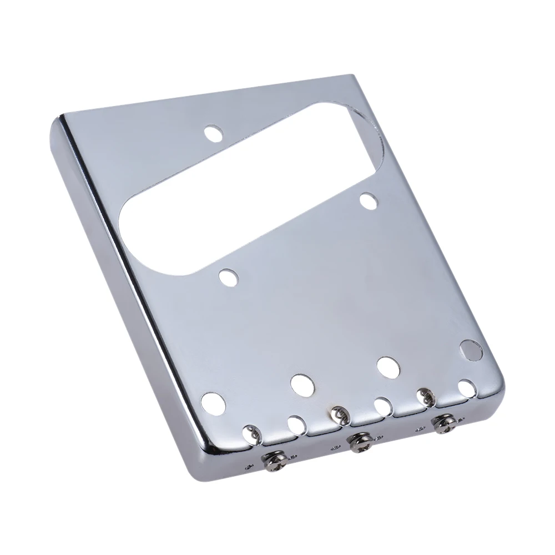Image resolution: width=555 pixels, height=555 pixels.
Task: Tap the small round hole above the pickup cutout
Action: (x=212, y=133)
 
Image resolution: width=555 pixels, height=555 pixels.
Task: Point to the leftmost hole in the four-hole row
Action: (x=212, y=401)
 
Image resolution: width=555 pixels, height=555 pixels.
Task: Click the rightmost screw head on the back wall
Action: (x=444, y=423)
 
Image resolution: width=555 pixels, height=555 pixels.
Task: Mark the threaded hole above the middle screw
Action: (x=338, y=412)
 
